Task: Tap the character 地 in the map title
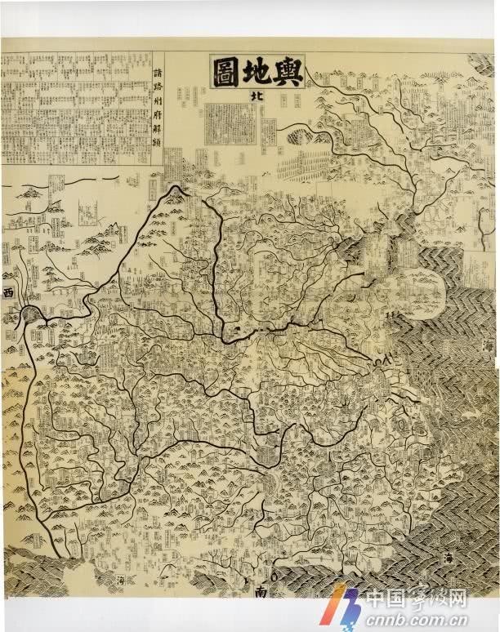click(257, 72)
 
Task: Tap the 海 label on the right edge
click(488, 347)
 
